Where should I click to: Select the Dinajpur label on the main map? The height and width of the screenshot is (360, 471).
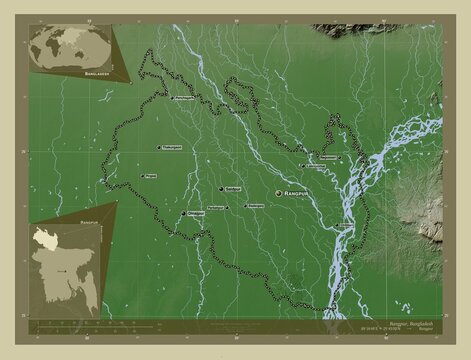coord(196,213)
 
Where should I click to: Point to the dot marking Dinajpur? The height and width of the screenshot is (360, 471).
coord(182,214)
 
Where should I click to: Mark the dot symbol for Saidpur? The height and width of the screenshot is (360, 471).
coord(219,188)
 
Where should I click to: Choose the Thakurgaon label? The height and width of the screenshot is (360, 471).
coord(173,147)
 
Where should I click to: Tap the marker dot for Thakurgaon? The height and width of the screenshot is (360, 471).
coord(159,148)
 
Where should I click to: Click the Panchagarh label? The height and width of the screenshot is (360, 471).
coord(183,98)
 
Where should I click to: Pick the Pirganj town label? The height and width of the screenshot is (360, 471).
coord(151,176)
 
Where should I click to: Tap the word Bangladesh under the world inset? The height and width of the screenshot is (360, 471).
coord(75,73)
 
